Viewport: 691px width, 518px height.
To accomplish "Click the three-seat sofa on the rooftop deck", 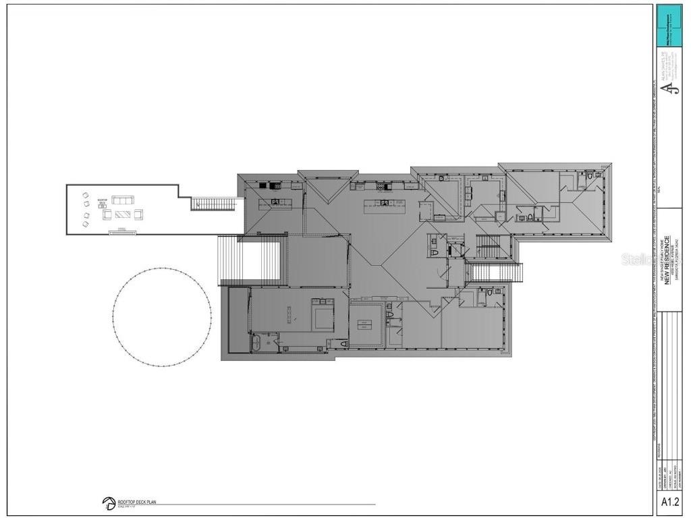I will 123,200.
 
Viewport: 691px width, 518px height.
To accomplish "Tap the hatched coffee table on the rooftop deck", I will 123,214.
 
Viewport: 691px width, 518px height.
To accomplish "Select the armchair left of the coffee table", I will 107,215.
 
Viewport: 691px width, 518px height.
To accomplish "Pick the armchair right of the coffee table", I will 139,214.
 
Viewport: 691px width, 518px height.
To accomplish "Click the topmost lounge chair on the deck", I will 86,196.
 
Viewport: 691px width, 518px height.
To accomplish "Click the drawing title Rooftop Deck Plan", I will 137,502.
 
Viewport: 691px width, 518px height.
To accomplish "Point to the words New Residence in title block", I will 667,260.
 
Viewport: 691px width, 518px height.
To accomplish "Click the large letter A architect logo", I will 667,88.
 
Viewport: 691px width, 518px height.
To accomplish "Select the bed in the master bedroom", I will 323,314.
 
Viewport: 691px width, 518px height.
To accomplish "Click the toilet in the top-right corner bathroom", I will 588,177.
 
